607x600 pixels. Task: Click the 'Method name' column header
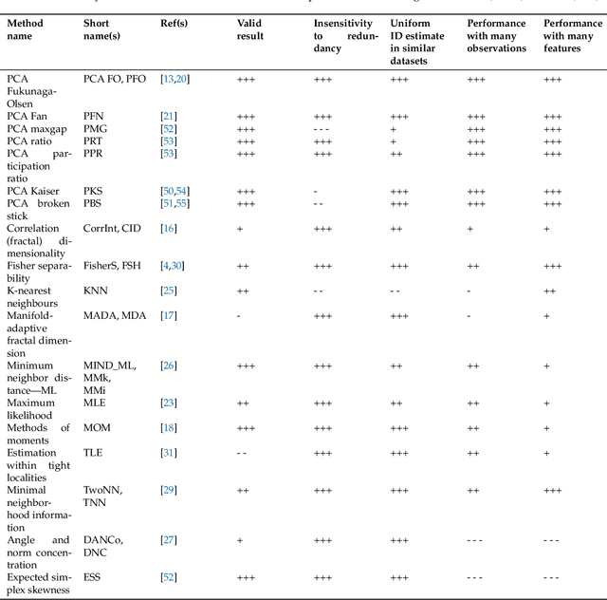26,28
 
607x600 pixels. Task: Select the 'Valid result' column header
250,28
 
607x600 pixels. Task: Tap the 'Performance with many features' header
572,35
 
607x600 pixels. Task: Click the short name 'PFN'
95,116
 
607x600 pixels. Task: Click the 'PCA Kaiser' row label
33,191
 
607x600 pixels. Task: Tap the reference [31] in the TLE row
170,452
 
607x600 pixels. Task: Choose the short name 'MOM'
97,427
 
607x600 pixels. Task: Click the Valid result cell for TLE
242,452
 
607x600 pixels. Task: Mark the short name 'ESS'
93,576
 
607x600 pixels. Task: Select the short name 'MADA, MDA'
115,315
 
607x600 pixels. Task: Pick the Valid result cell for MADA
238,315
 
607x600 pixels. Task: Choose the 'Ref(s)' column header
174,23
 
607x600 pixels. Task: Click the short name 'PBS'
94,203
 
